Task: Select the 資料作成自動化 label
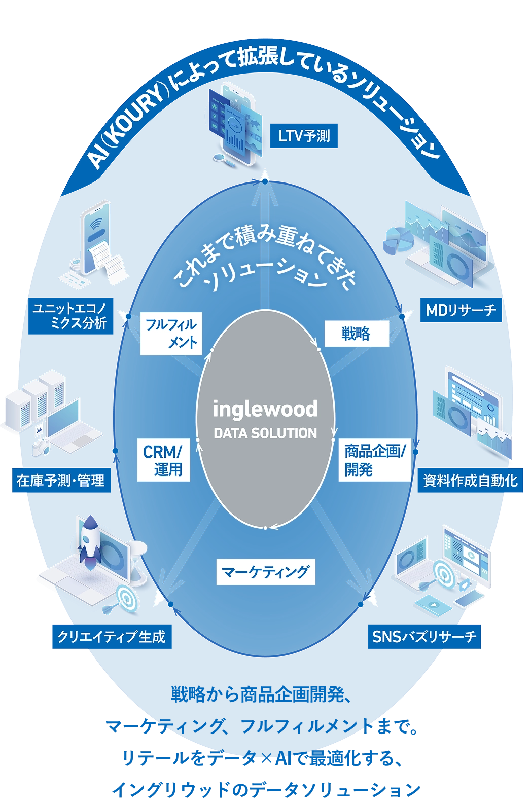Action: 470,480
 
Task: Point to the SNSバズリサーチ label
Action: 424,637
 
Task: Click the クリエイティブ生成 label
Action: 111,637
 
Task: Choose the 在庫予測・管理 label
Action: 61,480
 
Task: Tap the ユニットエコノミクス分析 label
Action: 70,316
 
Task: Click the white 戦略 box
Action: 356,334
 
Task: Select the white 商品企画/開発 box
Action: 374,460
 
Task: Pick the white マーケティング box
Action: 265,572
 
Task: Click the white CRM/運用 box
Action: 163,460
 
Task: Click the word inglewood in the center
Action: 265,409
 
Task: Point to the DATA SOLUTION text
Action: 265,433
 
